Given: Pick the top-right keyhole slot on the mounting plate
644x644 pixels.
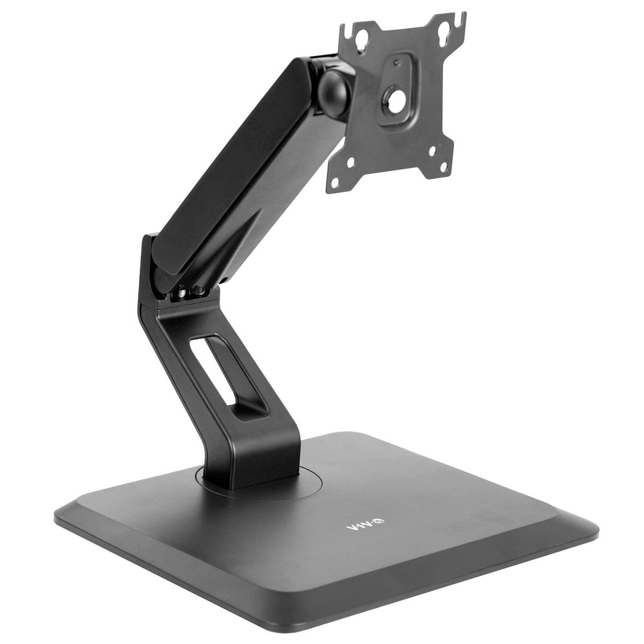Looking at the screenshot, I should click(x=444, y=27).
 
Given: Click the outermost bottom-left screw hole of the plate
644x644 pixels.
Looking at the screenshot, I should click(x=334, y=182).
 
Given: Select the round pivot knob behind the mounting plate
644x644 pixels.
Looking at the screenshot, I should click(x=334, y=94).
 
